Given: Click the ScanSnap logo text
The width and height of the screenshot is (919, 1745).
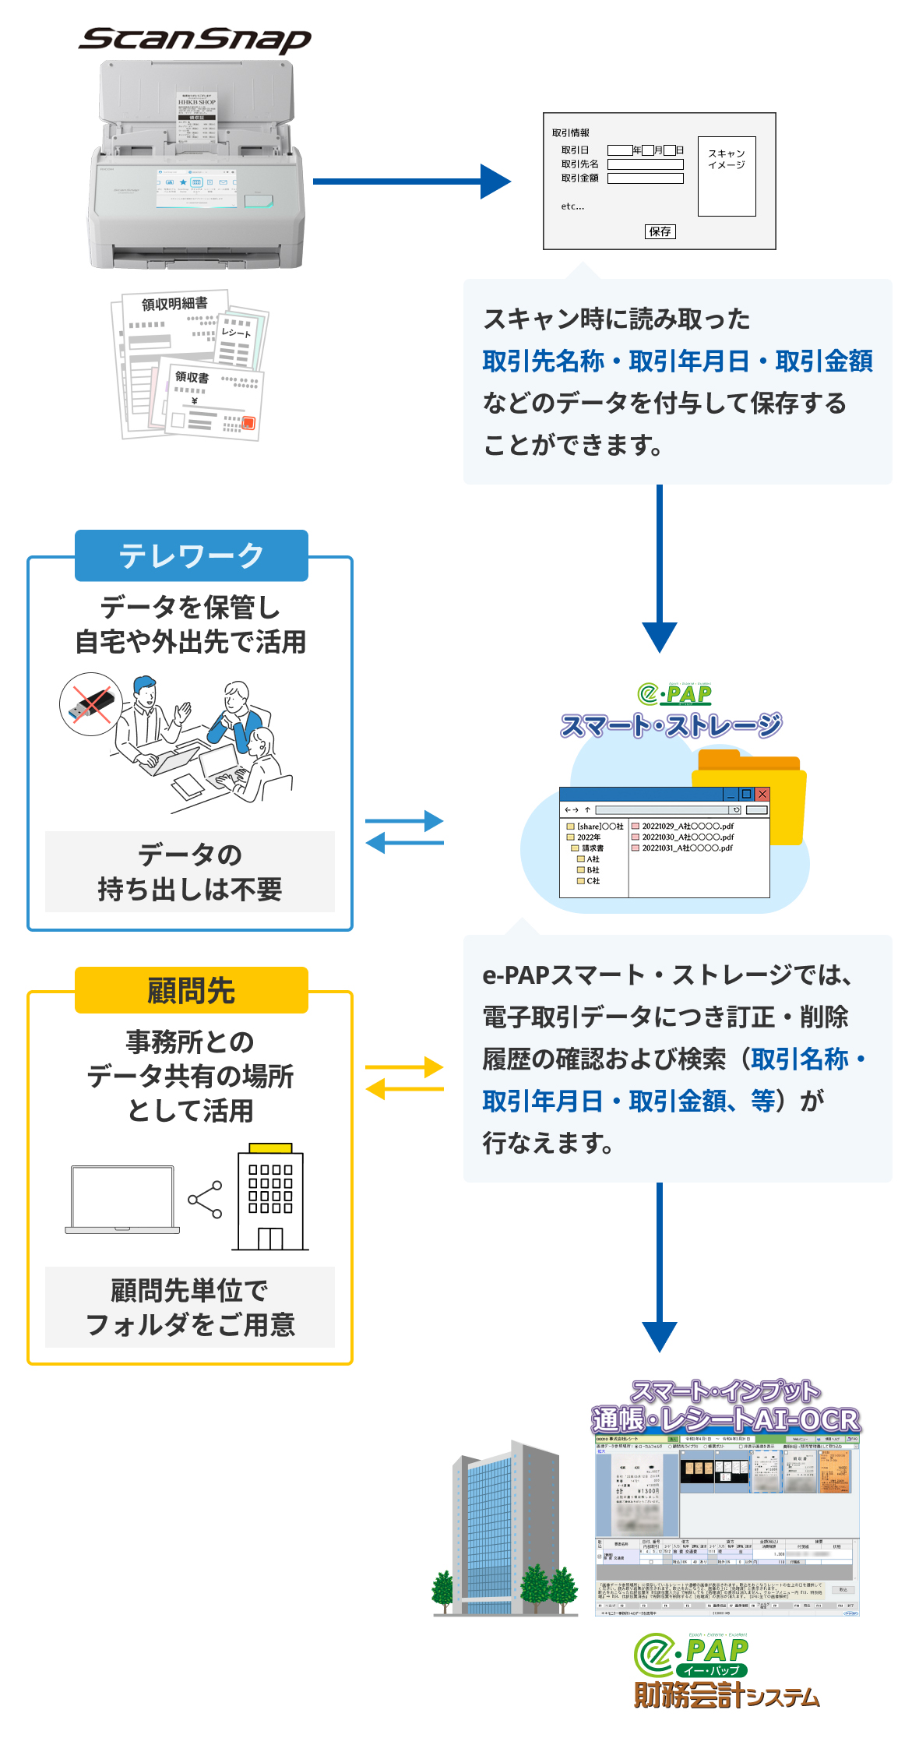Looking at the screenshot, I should click(195, 39).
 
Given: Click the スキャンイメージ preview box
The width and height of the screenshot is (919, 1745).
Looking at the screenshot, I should click(727, 176).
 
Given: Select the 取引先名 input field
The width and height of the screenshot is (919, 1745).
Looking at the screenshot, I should click(645, 164).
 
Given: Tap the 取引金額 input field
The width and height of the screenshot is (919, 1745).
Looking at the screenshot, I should click(645, 178).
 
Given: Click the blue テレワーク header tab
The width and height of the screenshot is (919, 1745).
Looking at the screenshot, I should click(192, 555).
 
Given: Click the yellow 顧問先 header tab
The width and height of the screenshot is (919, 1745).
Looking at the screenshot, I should click(192, 991).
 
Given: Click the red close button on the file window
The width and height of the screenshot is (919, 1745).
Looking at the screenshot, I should click(762, 794).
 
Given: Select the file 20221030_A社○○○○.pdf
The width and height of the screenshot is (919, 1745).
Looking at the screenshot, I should click(687, 837).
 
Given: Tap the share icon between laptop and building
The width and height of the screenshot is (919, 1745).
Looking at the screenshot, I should click(206, 1200).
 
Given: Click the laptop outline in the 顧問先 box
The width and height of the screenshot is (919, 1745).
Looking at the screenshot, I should click(122, 1199).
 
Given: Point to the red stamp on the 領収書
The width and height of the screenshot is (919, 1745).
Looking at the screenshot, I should click(248, 423).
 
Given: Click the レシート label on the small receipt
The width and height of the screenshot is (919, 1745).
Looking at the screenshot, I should click(236, 333).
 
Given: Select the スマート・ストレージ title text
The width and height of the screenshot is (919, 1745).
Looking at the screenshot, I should click(671, 725).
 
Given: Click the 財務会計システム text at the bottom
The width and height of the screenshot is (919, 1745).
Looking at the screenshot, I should click(726, 1696).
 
